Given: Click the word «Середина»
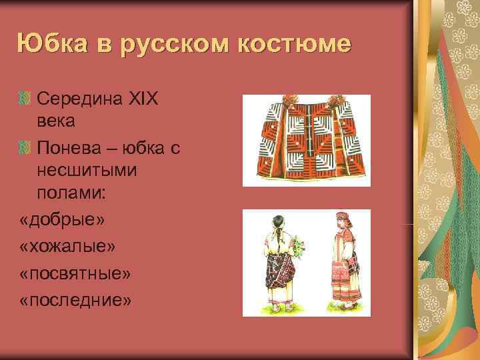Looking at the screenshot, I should (79, 99).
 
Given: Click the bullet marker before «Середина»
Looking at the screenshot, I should (26, 99).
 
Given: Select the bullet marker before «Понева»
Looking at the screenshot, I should (26, 145).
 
